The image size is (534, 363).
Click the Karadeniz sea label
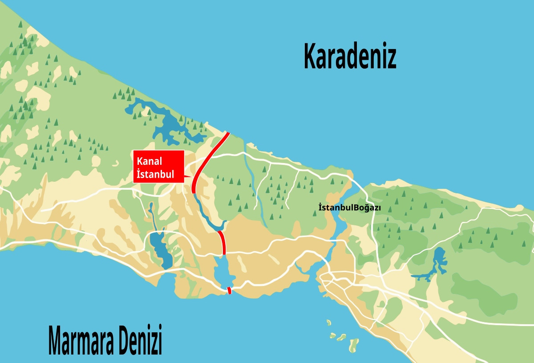350,56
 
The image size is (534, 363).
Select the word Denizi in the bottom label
140,341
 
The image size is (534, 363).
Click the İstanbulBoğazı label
350,207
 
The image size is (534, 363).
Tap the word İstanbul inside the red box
155,173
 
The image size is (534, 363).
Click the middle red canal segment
222,242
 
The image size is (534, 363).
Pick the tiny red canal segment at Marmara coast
229,291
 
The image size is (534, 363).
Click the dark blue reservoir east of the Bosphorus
438,263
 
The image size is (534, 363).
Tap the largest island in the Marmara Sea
354,344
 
